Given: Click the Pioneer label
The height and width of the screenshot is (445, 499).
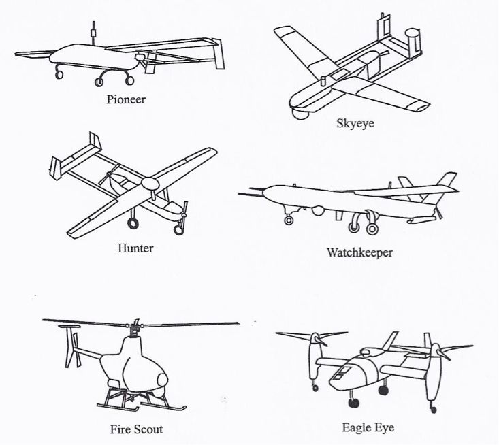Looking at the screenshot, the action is tap(126, 99).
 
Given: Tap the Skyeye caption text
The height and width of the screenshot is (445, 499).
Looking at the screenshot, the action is tap(355, 123).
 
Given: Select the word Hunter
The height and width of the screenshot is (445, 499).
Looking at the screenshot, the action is tap(135, 248).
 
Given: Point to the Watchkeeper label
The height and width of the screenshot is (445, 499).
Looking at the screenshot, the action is tap(359, 252).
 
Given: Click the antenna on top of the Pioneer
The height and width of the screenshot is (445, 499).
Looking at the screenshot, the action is tap(93, 33).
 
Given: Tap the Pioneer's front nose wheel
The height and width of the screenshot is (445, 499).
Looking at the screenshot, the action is tap(59, 75).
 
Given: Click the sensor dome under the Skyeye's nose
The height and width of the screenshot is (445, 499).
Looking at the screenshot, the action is tap(301, 114).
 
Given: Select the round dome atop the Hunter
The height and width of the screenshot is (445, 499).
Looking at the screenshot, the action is tap(150, 184).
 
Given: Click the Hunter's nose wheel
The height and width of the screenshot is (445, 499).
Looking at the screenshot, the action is tap(179, 230).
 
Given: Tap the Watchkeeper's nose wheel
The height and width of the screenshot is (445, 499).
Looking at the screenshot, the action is tap(289, 220).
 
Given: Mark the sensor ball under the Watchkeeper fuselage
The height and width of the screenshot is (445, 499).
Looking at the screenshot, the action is tap(318, 210).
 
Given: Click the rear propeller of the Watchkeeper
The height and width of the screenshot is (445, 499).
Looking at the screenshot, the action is tap(438, 212).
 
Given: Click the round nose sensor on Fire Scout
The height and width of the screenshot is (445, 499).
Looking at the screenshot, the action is tap(163, 380).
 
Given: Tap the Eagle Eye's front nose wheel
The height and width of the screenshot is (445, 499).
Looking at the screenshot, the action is tap(353, 403).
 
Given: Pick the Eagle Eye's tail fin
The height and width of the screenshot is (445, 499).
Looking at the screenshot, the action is tap(390, 341).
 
